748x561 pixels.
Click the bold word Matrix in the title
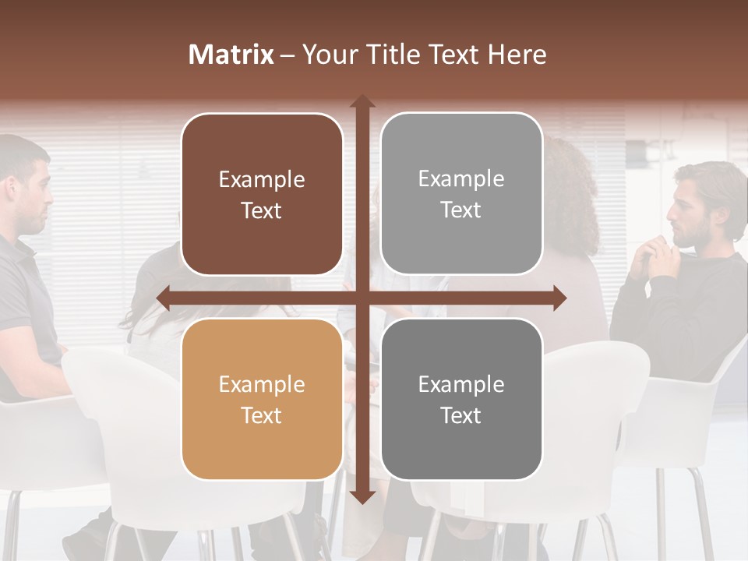(231, 55)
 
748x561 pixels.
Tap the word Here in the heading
(517, 55)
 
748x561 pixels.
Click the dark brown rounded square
(262, 194)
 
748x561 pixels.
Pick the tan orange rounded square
(262, 399)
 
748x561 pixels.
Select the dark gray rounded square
(461, 399)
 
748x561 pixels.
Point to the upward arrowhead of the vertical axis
(362, 102)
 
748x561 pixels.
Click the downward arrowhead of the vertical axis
(362, 496)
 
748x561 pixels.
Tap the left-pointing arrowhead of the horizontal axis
(164, 298)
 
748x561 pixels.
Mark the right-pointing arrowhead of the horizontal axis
(559, 298)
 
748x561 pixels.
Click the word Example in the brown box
(262, 179)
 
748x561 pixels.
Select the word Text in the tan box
(262, 415)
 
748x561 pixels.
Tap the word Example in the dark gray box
(461, 384)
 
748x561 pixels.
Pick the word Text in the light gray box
(461, 210)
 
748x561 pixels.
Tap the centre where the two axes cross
(362, 298)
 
